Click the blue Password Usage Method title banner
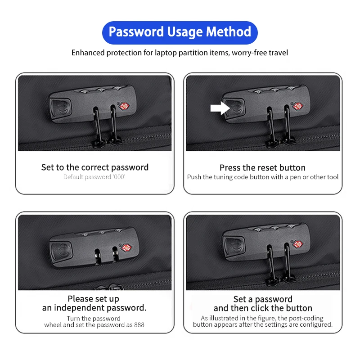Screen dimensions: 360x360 point(180,32)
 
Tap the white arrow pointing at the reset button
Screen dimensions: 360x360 point(220,108)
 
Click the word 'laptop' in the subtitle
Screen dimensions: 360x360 point(166,53)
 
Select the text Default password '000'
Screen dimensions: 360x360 point(94,177)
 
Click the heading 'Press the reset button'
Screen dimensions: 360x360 point(262,167)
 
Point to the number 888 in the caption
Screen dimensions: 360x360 point(139,325)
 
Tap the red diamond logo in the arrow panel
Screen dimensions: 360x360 point(298,106)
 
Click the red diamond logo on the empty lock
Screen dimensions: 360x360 point(126,248)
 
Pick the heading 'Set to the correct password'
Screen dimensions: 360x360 point(95,167)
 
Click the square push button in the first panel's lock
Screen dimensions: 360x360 point(61,108)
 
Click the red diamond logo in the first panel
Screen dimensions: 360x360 point(124,106)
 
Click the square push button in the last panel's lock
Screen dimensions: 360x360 point(234,245)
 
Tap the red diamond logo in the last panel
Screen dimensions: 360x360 point(298,244)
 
